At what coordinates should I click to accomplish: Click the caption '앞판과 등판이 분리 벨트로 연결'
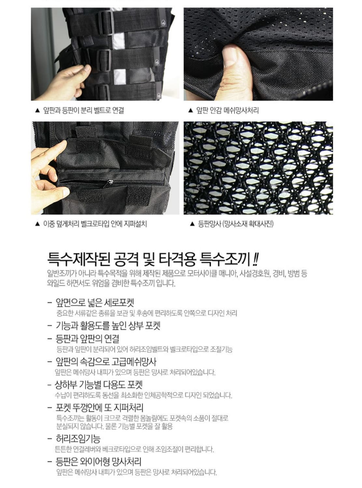click(83, 110)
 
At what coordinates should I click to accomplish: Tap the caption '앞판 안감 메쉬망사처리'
click(227, 110)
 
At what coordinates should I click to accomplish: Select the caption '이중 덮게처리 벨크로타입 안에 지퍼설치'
click(95, 224)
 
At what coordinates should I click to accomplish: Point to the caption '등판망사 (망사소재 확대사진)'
click(235, 224)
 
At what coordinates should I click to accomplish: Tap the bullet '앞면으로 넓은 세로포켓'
click(94, 303)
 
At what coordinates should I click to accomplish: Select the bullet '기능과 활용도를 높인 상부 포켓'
click(108, 326)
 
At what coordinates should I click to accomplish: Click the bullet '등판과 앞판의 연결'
click(87, 339)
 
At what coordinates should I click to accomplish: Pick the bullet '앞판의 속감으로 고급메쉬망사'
click(106, 362)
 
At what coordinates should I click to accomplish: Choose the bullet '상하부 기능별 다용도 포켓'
click(99, 385)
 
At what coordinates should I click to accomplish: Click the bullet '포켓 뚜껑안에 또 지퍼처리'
click(99, 408)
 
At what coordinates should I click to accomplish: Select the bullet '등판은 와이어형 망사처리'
click(98, 461)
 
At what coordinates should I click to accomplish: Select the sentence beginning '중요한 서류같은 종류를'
click(146, 313)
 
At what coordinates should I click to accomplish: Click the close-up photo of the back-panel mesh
click(258, 168)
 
